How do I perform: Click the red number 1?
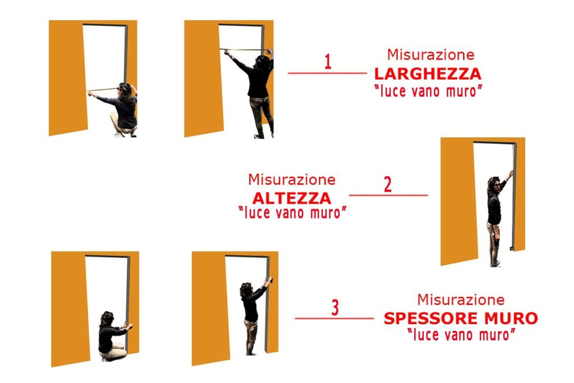[328, 62]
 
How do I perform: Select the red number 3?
[335, 307]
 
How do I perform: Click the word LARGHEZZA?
[428, 74]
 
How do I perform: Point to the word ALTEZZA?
[291, 199]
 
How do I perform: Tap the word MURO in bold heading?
[511, 318]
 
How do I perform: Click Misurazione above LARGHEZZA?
[431, 55]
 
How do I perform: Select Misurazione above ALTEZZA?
[291, 179]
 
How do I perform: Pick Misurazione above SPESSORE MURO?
[461, 300]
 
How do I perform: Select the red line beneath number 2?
[388, 195]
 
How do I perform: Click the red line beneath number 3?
[334, 319]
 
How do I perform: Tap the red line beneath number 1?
[327, 73]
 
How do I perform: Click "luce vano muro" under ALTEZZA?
[292, 213]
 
